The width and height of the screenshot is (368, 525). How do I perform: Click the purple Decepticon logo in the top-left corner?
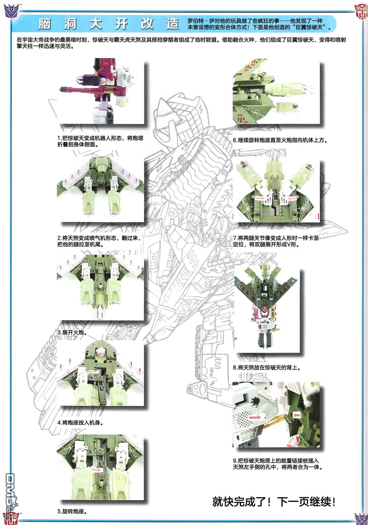11,11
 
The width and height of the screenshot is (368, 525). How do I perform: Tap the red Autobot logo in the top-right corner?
361,11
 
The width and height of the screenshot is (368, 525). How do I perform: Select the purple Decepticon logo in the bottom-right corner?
361,518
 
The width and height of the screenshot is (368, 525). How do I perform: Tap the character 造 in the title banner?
173,24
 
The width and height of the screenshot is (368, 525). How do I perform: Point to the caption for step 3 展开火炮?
72,332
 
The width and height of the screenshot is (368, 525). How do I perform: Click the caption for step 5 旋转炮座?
72,511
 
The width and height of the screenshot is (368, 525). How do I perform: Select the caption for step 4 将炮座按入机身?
80,423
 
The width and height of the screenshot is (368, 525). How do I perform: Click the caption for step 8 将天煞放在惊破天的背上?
267,367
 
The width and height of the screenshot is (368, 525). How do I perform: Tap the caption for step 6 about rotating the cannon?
280,140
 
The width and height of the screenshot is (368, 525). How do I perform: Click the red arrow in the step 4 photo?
94,372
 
